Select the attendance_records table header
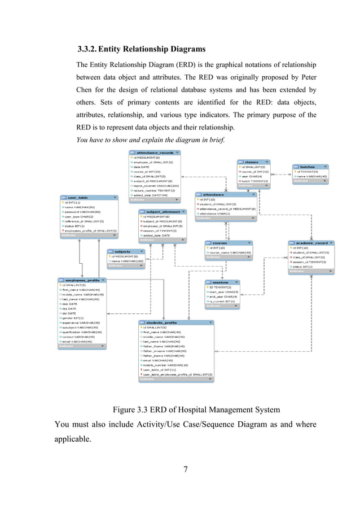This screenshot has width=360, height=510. click(154, 152)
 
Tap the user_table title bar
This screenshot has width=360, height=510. click(87, 198)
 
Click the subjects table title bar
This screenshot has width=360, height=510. click(125, 251)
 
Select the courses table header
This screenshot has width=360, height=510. click(227, 243)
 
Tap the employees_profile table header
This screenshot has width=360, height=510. click(81, 280)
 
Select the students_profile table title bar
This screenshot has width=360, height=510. click(175, 322)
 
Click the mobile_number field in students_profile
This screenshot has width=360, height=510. click(166, 365)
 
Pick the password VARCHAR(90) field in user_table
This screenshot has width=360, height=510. click(82, 212)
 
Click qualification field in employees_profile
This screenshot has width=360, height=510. click(82, 332)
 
